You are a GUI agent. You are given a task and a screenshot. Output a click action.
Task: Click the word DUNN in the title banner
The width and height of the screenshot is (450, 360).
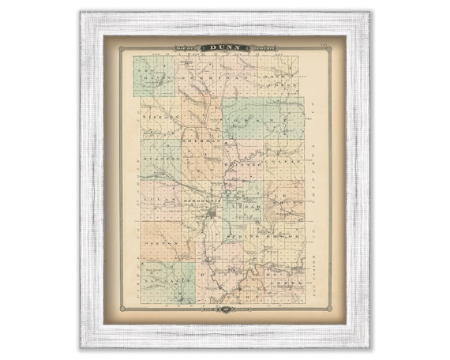(x=225, y=48)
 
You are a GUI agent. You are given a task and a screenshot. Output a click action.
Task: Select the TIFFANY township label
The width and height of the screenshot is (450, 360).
(x=161, y=116)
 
